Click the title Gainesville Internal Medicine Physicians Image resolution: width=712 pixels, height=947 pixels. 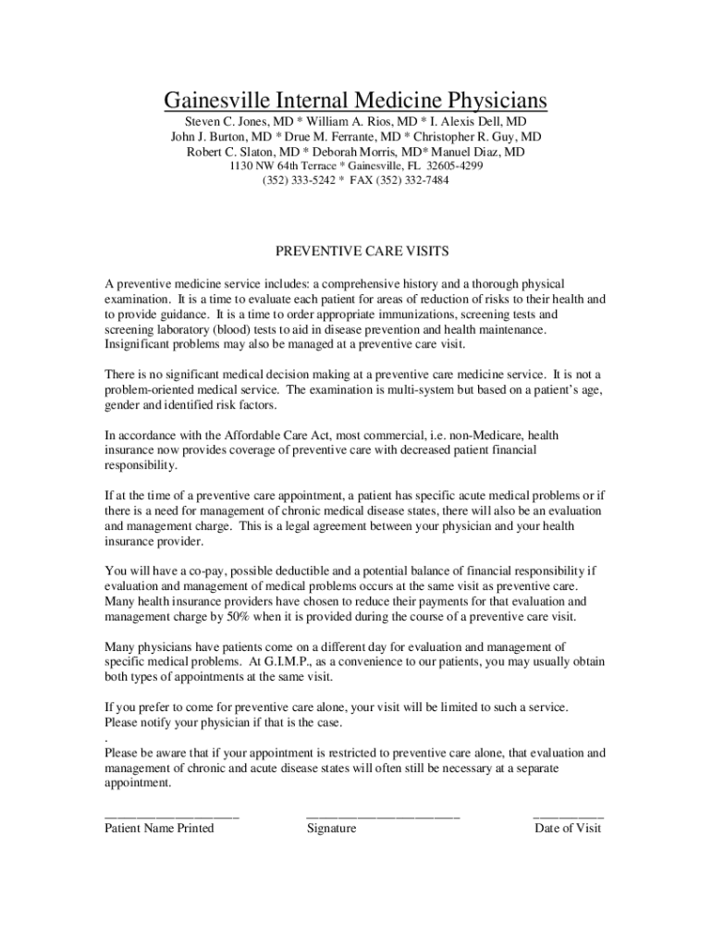pos(355,99)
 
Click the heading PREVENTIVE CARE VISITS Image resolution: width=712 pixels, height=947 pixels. pos(356,251)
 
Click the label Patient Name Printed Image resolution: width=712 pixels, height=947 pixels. pos(159,829)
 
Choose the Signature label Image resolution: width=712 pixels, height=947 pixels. pos(331,829)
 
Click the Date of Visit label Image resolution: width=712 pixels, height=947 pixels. pos(568,829)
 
